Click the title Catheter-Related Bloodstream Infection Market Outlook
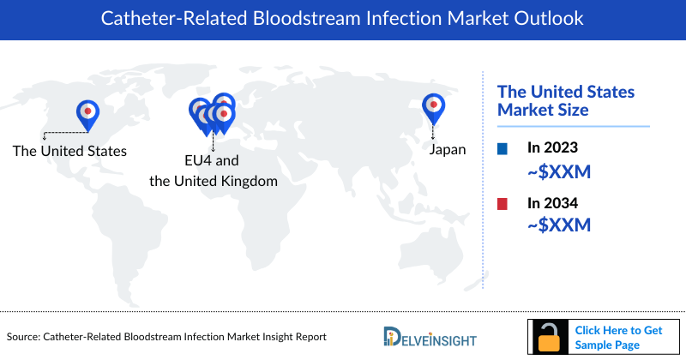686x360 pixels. pos(343,18)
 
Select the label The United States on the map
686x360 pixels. pos(69,151)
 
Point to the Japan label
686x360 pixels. pos(447,150)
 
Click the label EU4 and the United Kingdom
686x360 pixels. pos(214,171)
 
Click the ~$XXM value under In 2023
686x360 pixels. pos(559,171)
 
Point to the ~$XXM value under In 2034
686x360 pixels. pos(559,226)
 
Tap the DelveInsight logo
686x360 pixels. pos(430,336)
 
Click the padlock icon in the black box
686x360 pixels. pos(546,337)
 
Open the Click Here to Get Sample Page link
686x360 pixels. pos(617,337)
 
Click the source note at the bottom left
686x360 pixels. pos(166,337)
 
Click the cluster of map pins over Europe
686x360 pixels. pos(213,115)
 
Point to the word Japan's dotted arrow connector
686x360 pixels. pos(434,130)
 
